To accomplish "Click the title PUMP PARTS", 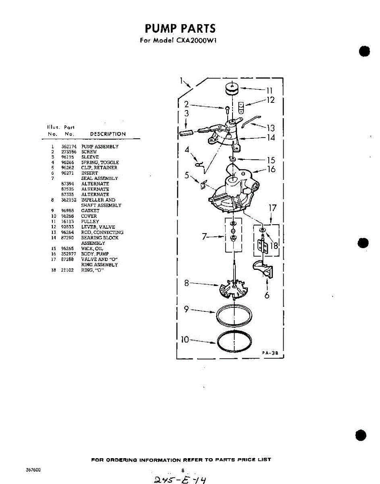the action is pos(180,29).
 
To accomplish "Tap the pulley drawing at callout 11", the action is pos(231,89).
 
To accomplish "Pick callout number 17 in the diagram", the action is pos(272,208).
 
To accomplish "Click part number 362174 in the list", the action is pos(66,146).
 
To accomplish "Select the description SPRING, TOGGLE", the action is pos(100,163).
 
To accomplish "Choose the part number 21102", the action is pos(67,270).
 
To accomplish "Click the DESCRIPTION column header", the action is pos(108,134).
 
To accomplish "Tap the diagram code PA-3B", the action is pos(270,352).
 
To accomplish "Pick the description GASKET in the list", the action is pos(90,211).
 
